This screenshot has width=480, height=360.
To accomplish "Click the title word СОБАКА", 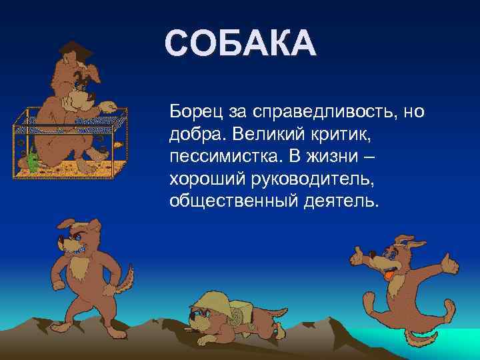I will coord(239,44).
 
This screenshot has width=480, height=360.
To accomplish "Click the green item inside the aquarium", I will coord(30,161).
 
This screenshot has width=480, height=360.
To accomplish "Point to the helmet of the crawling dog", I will coord(207,300).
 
